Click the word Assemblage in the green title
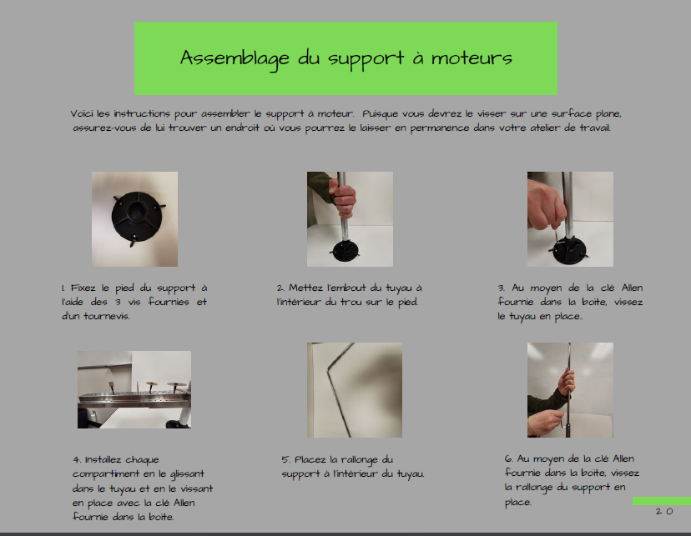(x=235, y=58)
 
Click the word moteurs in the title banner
(x=472, y=58)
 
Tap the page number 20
(x=664, y=511)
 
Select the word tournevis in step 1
(x=107, y=317)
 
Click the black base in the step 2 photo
(x=345, y=250)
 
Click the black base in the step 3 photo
(x=569, y=250)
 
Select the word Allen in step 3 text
(x=632, y=288)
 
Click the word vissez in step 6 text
(x=625, y=473)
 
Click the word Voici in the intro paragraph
(x=82, y=113)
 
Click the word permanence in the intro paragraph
(x=440, y=128)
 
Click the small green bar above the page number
(x=662, y=501)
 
